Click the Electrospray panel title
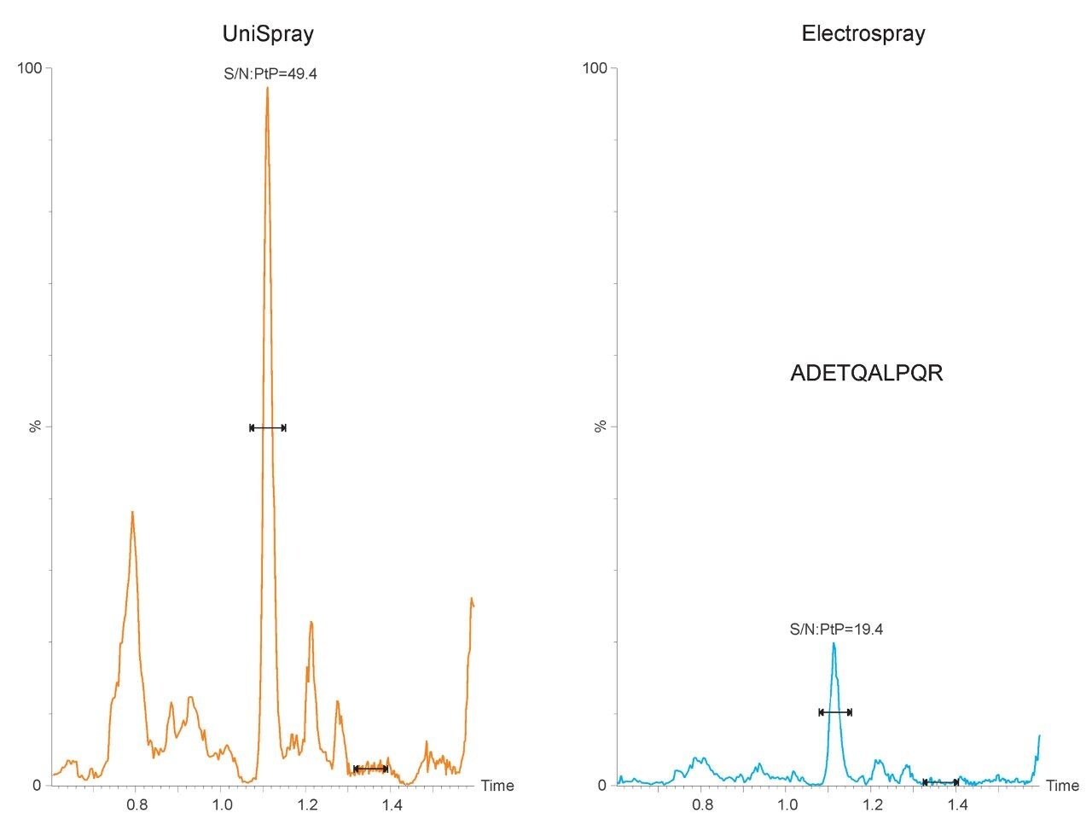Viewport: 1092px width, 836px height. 863,34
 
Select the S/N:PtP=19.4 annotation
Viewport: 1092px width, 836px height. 836,630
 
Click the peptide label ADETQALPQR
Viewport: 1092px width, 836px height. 867,374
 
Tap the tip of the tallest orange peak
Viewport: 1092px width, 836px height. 267,88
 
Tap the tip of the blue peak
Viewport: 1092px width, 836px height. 834,643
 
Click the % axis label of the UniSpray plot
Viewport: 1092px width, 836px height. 35,427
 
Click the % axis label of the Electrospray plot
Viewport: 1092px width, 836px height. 601,427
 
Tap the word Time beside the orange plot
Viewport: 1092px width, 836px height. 497,786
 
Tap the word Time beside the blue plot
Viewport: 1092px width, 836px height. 1062,786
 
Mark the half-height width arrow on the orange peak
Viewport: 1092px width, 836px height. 268,427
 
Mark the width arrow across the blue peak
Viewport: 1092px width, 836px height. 835,712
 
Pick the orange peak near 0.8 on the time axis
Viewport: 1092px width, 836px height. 132,513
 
